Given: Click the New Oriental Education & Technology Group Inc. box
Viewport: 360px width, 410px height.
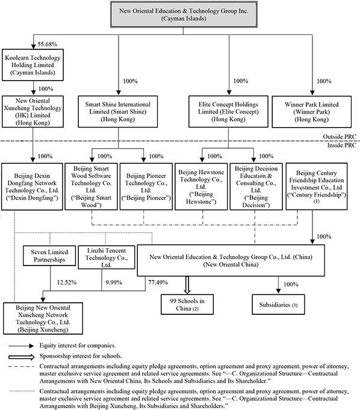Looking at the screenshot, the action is point(184,14).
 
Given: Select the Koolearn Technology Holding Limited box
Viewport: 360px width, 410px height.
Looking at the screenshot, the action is point(33,65).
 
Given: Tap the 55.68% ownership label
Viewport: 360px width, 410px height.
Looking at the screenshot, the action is point(48,44).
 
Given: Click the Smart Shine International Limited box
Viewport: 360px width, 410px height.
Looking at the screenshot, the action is point(118,111).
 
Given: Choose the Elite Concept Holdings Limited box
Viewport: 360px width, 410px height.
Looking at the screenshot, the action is point(229,111).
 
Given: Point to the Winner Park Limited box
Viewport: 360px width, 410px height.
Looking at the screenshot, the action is point(312,112).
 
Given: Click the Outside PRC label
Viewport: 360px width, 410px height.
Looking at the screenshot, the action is point(340,137).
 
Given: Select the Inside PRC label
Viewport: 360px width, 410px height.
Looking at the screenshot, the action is point(342,145).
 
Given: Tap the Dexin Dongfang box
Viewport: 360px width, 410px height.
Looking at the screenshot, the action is point(32,187).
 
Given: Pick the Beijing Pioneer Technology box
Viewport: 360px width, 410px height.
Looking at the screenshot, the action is point(146,187).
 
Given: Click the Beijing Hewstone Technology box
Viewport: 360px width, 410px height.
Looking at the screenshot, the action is point(201,187).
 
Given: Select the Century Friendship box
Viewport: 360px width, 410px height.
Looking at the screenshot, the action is point(317,187).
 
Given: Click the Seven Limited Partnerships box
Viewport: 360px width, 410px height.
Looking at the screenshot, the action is point(49,256).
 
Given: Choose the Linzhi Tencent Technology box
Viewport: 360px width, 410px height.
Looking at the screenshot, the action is point(107,257).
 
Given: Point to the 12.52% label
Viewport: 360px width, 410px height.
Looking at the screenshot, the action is point(67,282).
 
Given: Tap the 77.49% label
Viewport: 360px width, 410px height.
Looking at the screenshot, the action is point(158,282).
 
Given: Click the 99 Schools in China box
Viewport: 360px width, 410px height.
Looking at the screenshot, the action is point(187,305).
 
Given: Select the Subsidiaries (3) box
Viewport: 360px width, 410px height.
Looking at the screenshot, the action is point(279,305).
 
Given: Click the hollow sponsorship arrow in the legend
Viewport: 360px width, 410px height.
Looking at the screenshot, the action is point(22,357).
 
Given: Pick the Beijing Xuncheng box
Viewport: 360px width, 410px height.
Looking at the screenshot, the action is point(43,318).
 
